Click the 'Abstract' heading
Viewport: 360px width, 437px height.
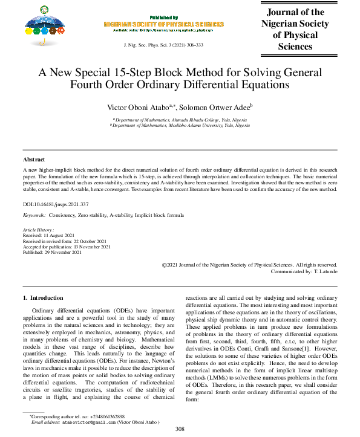tap(34, 159)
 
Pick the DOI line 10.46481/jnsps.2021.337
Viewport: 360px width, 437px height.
tap(56, 205)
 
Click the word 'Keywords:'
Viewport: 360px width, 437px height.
tap(34, 215)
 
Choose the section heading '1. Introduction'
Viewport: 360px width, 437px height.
tap(42, 298)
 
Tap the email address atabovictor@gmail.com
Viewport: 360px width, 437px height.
tap(88, 422)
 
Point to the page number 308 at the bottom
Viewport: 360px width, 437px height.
tap(180, 429)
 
